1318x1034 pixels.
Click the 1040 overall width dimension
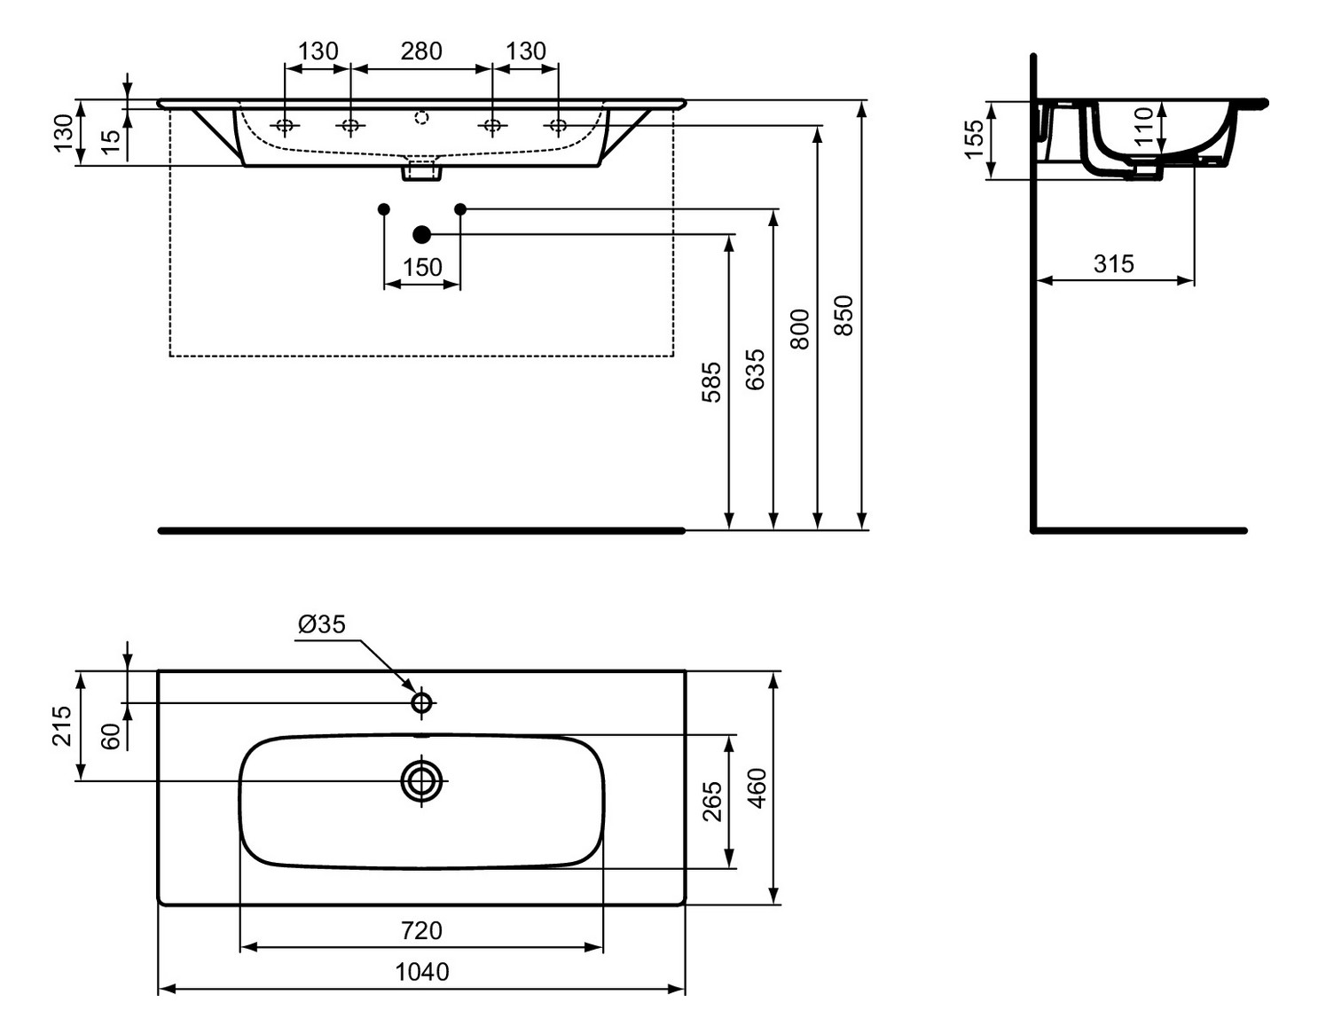pyautogui.click(x=421, y=972)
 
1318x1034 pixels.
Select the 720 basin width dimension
pyautogui.click(x=421, y=930)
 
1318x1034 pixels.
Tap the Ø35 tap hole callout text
pyautogui.click(x=321, y=624)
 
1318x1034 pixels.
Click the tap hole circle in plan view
pyautogui.click(x=421, y=703)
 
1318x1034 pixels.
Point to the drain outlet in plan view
pyautogui.click(x=421, y=781)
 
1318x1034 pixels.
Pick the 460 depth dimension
pyautogui.click(x=757, y=787)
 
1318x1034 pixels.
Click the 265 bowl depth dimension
pyautogui.click(x=712, y=802)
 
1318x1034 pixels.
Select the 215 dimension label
pyautogui.click(x=61, y=725)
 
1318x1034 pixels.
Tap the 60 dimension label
pyautogui.click(x=110, y=736)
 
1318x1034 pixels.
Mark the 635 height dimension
pyautogui.click(x=755, y=369)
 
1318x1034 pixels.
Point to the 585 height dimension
pyautogui.click(x=711, y=382)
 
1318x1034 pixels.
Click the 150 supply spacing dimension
pyautogui.click(x=421, y=267)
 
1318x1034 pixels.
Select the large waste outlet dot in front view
pyautogui.click(x=421, y=234)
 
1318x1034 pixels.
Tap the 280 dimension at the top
pyautogui.click(x=421, y=51)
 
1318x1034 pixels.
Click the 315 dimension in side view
pyautogui.click(x=1113, y=263)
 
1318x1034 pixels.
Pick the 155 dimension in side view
pyautogui.click(x=974, y=139)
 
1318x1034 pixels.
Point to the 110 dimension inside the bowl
pyautogui.click(x=1144, y=126)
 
